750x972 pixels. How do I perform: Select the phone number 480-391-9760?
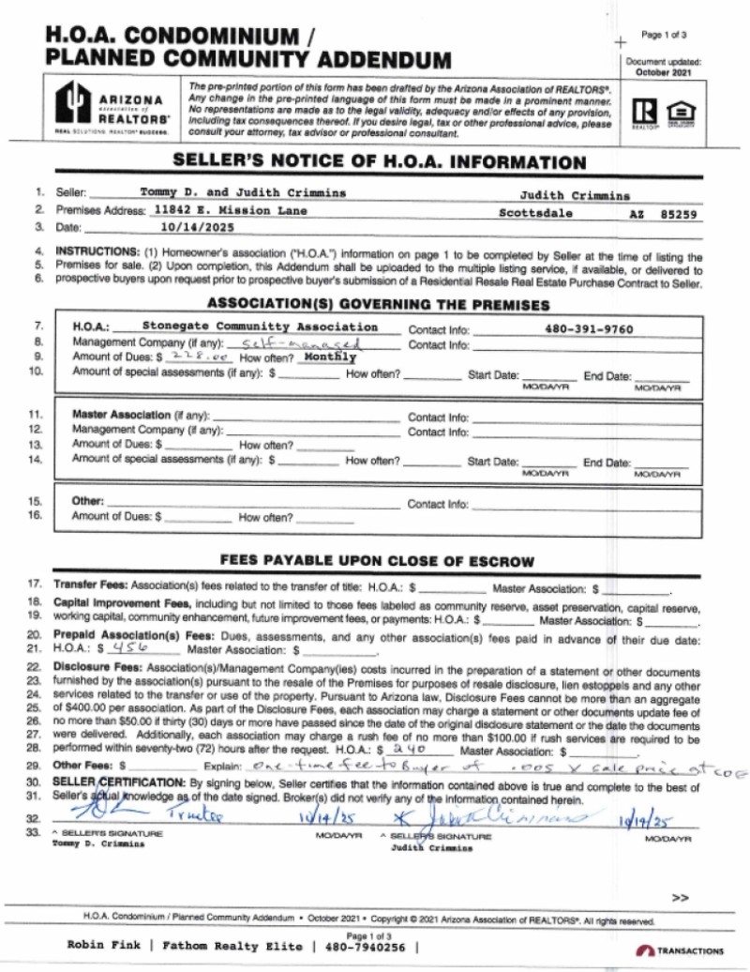point(588,329)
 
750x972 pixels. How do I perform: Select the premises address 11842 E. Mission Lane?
point(231,211)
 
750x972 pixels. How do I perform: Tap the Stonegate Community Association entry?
point(260,327)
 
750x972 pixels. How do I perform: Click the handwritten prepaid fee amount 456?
point(125,648)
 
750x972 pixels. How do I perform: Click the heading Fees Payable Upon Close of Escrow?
point(377,561)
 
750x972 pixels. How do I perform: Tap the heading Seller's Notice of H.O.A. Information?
point(380,161)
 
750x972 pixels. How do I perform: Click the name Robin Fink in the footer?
point(104,946)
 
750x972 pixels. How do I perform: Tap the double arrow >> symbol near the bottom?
point(680,898)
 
